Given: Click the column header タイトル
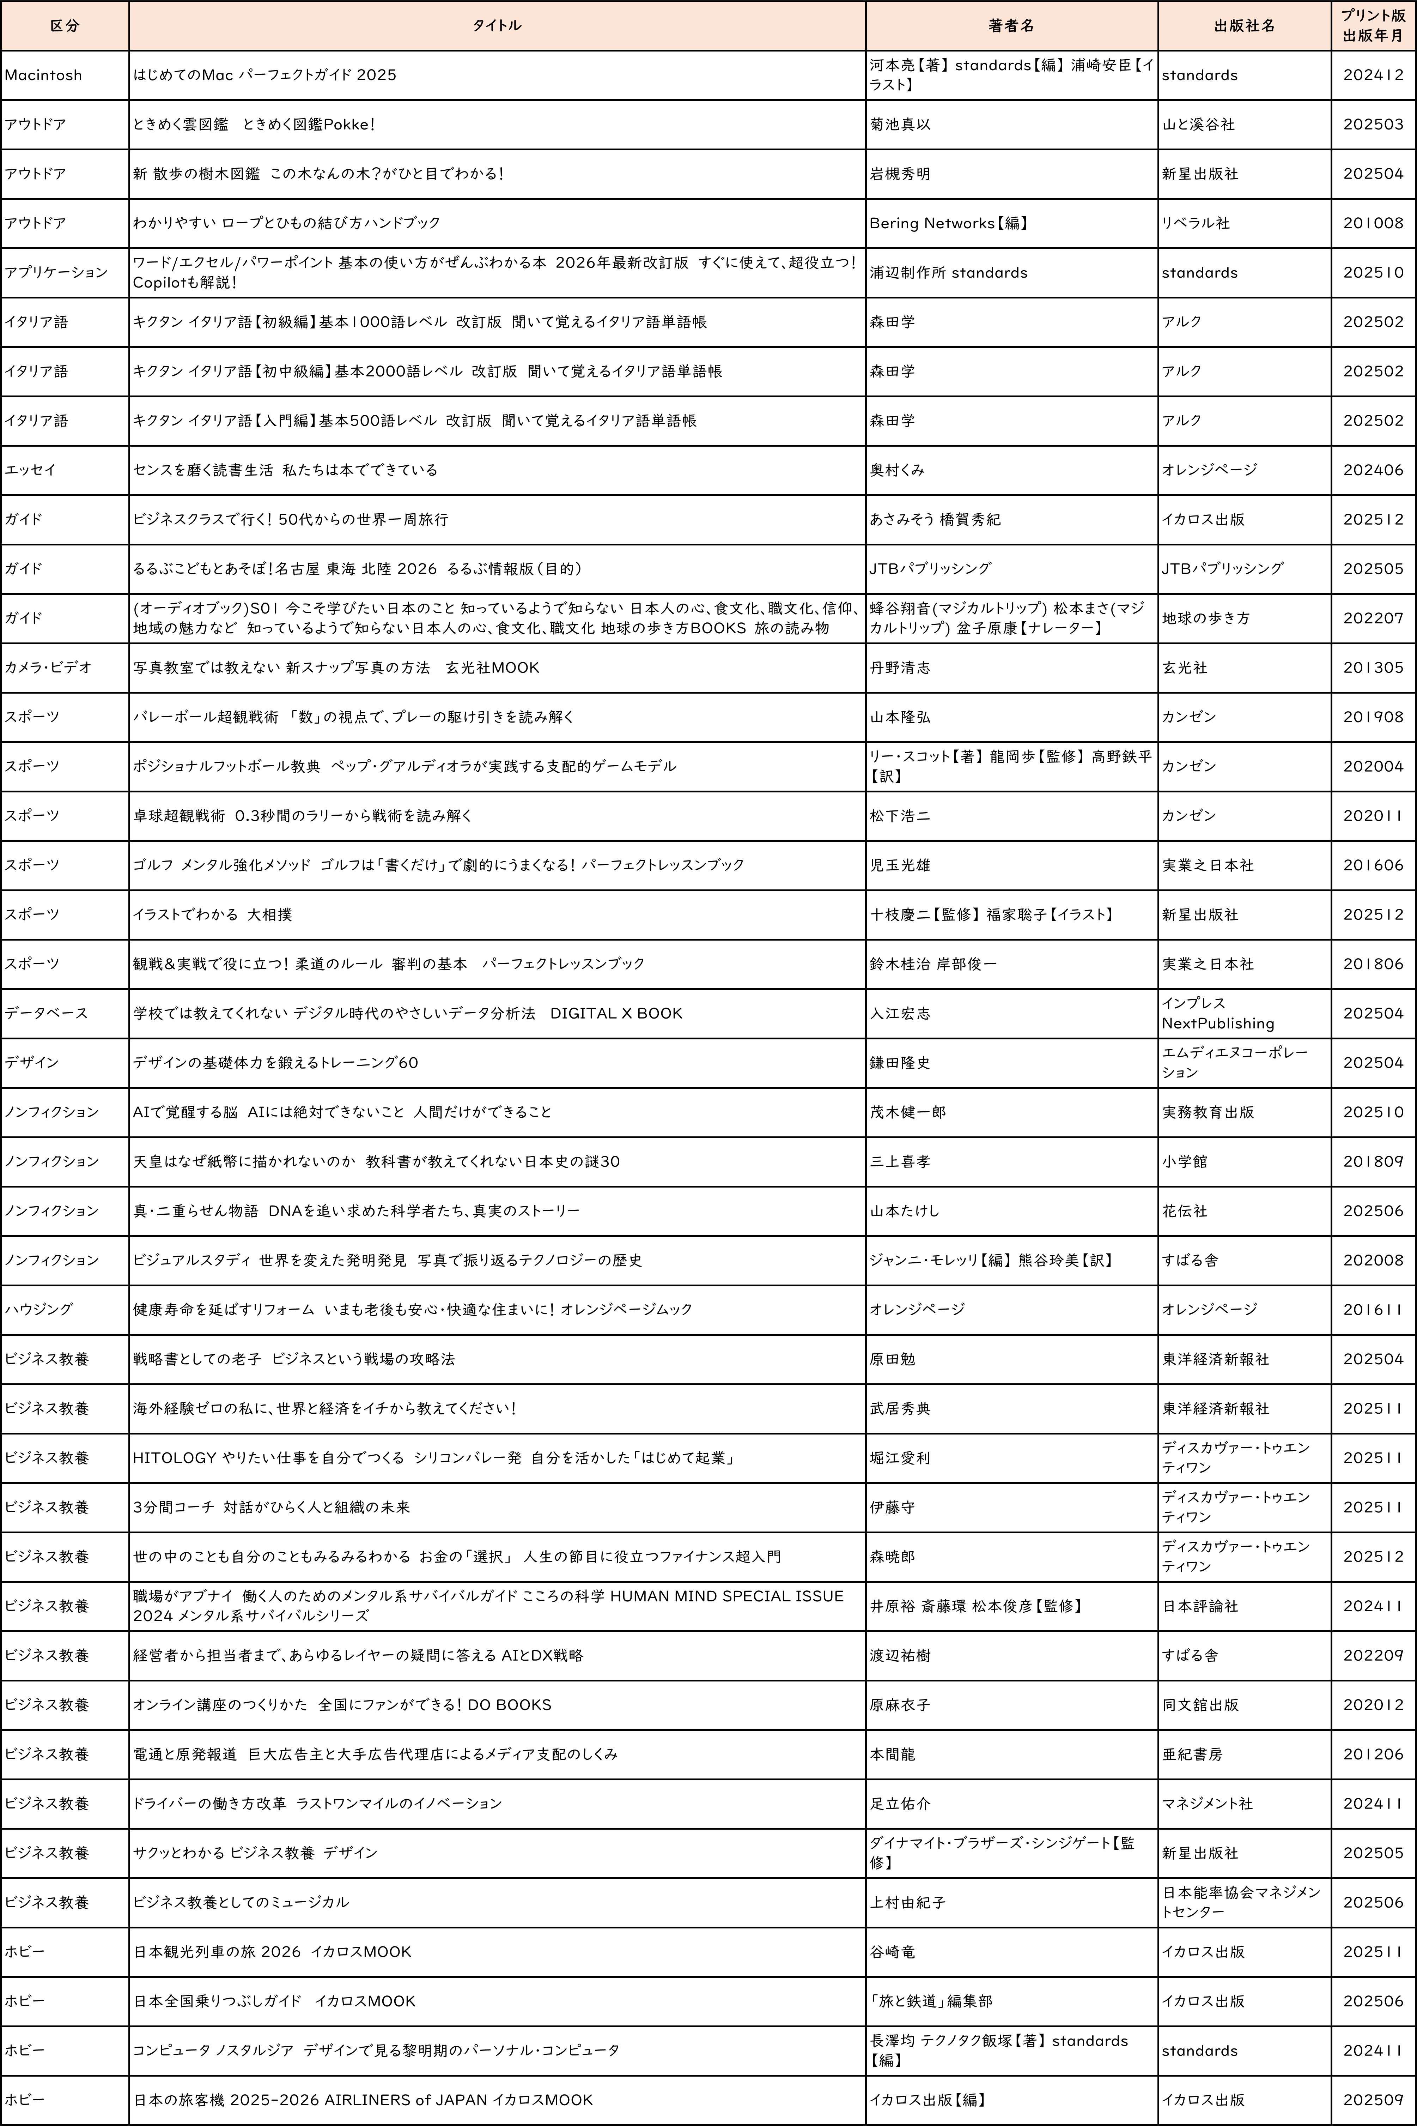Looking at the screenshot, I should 497,25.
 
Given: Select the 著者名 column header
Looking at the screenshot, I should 1011,25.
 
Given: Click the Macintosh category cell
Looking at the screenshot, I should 43,75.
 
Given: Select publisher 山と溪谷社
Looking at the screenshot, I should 1198,125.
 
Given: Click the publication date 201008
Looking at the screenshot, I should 1373,223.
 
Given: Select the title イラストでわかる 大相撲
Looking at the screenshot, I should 212,915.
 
